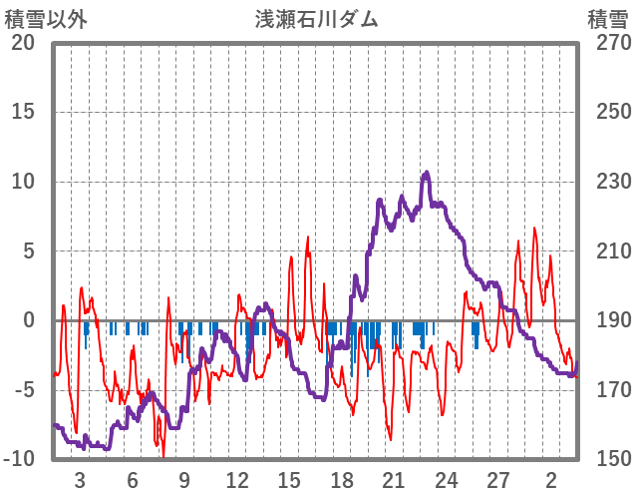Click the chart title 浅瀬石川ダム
coord(317,19)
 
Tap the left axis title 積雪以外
coord(46,19)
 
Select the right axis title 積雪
coord(608,19)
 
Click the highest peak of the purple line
coord(427,173)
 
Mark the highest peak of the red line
coord(534,228)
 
